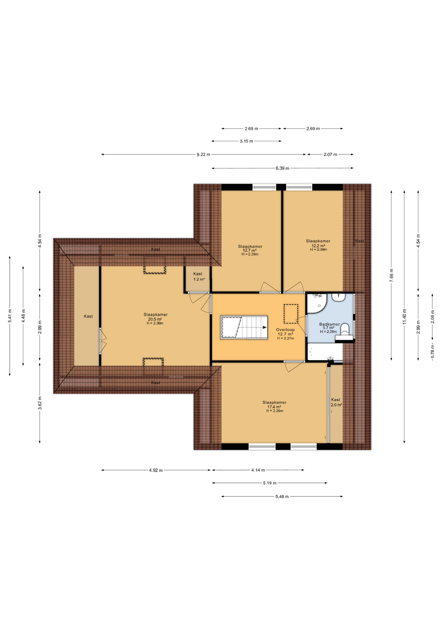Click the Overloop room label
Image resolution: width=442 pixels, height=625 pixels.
pos(285,329)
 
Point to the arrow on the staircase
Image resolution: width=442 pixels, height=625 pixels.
pos(265,327)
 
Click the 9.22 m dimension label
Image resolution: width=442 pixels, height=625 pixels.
pos(203,155)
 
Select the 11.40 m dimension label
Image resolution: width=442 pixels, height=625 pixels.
pos(405,316)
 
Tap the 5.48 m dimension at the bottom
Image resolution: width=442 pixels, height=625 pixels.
pos(282,496)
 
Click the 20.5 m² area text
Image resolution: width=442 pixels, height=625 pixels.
pos(155,319)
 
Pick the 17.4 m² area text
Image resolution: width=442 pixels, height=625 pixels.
pos(274,407)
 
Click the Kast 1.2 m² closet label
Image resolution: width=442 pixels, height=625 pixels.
pos(199,277)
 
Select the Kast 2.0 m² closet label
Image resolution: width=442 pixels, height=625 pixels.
pos(336,402)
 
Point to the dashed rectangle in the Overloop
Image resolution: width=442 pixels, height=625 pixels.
pos(291,313)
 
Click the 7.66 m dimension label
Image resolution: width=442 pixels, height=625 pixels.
pos(392,275)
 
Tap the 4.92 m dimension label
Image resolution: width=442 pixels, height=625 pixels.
pos(156,470)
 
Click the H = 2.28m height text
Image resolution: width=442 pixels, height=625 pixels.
pos(328,332)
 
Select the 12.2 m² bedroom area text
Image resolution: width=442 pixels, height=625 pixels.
pos(318,246)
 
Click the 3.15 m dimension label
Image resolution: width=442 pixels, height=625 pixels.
pos(246,141)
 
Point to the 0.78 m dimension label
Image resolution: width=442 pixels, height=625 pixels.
pos(433,352)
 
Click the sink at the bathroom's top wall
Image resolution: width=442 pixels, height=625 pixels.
pos(339,297)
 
